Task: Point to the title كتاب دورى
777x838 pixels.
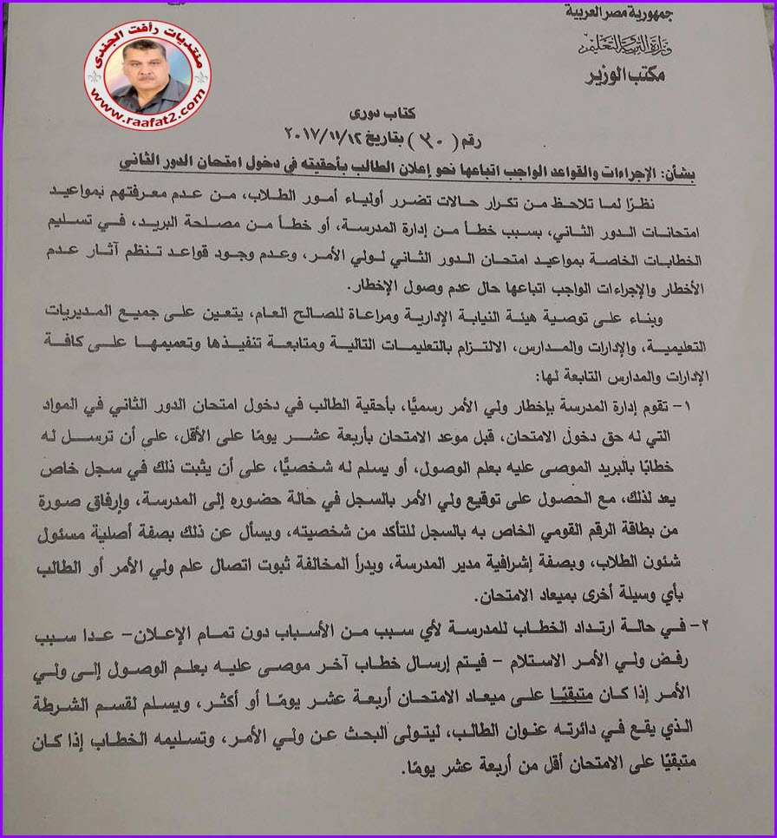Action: tap(385, 115)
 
